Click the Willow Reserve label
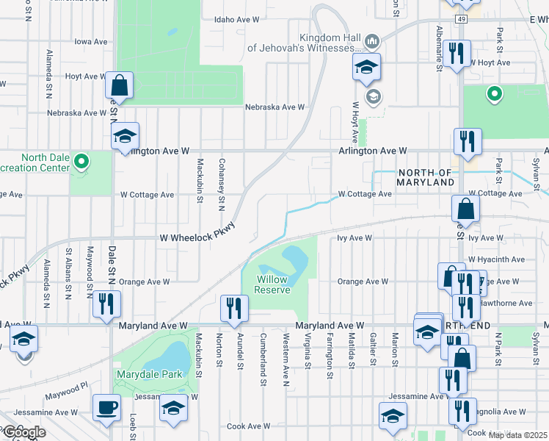pyautogui.click(x=272, y=284)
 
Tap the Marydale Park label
pyautogui.click(x=149, y=374)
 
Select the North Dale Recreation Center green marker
pyautogui.click(x=83, y=159)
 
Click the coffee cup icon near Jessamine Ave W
pyautogui.click(x=107, y=408)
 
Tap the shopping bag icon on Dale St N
pyautogui.click(x=118, y=85)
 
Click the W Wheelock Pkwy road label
pyautogui.click(x=197, y=237)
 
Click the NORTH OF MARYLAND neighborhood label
pyautogui.click(x=426, y=176)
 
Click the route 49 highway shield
pyautogui.click(x=460, y=18)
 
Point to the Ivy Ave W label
pyautogui.click(x=355, y=238)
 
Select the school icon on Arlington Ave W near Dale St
pyautogui.click(x=125, y=136)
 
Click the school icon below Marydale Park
pyautogui.click(x=174, y=409)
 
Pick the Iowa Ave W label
pyautogui.click(x=91, y=42)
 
